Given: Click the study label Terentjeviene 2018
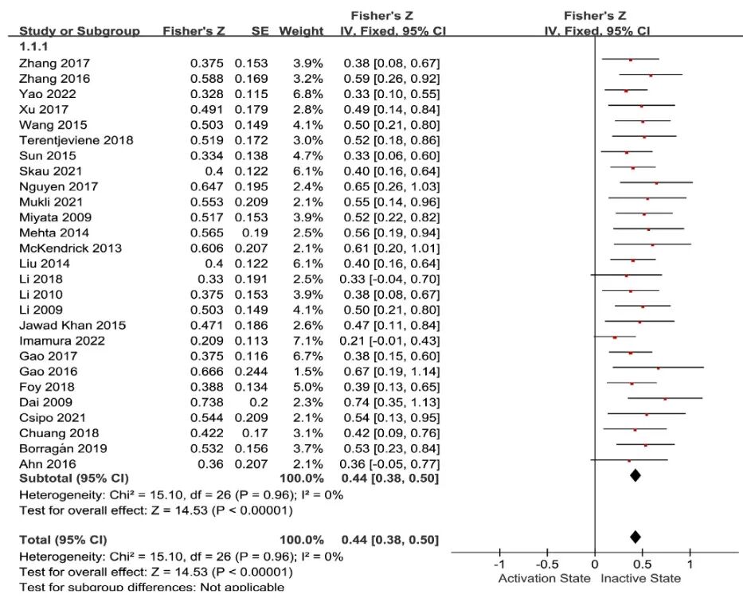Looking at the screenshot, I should tap(76, 140).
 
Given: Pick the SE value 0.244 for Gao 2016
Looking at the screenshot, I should tap(251, 372).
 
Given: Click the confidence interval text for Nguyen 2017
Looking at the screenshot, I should tap(392, 186).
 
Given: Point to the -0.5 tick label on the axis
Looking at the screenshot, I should tap(546, 564).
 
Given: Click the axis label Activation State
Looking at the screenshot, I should tap(544, 578).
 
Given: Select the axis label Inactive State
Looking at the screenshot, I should tap(641, 578).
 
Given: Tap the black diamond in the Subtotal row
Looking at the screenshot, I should tap(635, 475).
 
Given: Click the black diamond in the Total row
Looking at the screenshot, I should tap(635, 537).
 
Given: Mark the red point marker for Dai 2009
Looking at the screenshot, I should tap(665, 399).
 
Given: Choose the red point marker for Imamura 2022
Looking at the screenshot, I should tap(615, 338).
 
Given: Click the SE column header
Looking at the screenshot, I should tap(259, 31).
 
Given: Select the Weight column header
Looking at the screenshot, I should tap(301, 31).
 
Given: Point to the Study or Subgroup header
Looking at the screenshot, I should tap(79, 31).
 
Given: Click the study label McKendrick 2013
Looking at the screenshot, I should tap(70, 248).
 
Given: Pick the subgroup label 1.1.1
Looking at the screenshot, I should tap(34, 47).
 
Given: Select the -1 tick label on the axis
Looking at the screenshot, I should tap(499, 564).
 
